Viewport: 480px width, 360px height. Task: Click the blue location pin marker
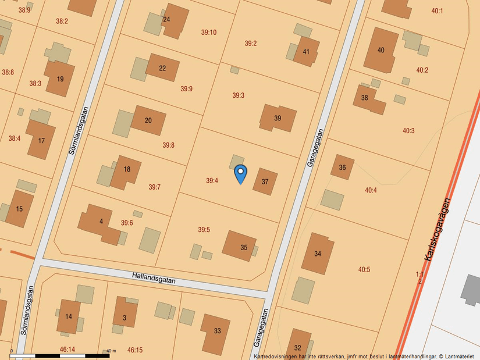point(240,173)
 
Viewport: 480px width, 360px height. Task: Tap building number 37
point(265,181)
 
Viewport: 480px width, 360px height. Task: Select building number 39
point(278,118)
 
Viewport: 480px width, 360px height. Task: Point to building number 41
point(306,52)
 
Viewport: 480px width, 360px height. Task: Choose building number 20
point(148,120)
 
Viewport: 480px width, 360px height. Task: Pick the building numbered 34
point(318,254)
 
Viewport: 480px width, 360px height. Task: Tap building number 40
point(381,50)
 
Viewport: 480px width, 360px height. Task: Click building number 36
point(342,167)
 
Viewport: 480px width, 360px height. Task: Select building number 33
point(217,331)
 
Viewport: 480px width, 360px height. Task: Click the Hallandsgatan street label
point(154,278)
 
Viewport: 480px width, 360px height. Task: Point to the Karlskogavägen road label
point(438,229)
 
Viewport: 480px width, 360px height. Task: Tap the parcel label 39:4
point(212,181)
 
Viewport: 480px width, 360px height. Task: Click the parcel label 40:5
point(364,269)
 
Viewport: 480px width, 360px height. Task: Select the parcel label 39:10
point(208,33)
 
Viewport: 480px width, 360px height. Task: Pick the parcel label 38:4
point(15,138)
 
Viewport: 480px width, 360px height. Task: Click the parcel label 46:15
point(134,350)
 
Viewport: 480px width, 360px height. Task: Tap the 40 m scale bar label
point(111,351)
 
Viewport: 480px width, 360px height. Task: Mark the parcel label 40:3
point(408,131)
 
